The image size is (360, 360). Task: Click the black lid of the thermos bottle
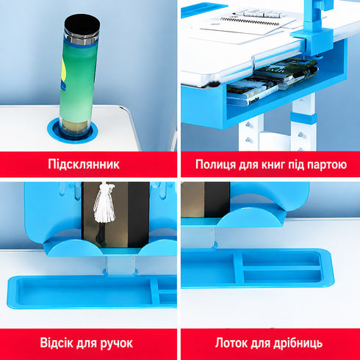[x=82, y=25]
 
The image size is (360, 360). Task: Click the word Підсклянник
[x=84, y=165]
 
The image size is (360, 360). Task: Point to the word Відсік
[x=57, y=342]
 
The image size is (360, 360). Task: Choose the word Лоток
[x=231, y=343]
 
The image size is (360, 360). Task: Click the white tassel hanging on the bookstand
[x=104, y=203]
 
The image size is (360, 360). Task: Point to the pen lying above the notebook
[x=259, y=15]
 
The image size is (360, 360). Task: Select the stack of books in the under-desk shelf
[x=272, y=82]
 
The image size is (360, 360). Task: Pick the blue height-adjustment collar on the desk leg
[x=303, y=118]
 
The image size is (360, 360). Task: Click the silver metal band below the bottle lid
[x=81, y=38]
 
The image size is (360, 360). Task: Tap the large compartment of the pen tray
[x=83, y=291]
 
